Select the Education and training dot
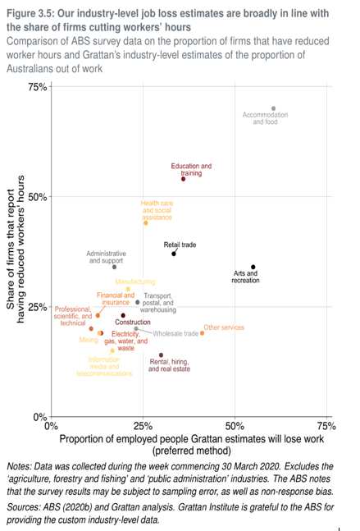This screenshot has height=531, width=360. (183, 178)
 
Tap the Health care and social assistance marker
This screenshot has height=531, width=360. (146, 222)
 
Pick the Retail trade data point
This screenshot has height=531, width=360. (174, 254)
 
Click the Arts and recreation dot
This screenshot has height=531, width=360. (253, 267)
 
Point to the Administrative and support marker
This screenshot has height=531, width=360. (114, 267)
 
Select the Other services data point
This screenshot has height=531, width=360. (202, 332)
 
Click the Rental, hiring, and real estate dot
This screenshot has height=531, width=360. (161, 355)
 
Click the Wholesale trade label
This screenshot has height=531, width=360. (175, 334)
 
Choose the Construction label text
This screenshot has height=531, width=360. (132, 323)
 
